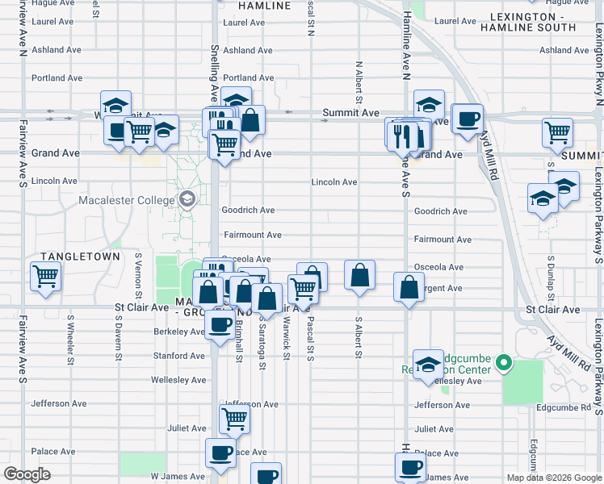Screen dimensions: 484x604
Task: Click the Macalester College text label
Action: point(127,200)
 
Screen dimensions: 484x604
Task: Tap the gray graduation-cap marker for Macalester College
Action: point(187,199)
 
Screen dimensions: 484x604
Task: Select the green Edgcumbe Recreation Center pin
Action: point(505,364)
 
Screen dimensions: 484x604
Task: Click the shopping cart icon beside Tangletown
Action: point(46,277)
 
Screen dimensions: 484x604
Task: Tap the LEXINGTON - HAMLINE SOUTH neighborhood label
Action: point(528,22)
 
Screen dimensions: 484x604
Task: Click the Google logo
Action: point(27,474)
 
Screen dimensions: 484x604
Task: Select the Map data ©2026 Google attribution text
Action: point(553,478)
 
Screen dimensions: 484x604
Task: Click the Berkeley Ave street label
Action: point(179,332)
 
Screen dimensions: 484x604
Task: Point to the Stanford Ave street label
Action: point(179,356)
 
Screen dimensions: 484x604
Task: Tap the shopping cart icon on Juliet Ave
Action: point(233,418)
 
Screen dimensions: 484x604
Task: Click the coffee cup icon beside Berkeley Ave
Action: point(219,326)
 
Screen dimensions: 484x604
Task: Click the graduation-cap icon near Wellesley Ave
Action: point(428,363)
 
